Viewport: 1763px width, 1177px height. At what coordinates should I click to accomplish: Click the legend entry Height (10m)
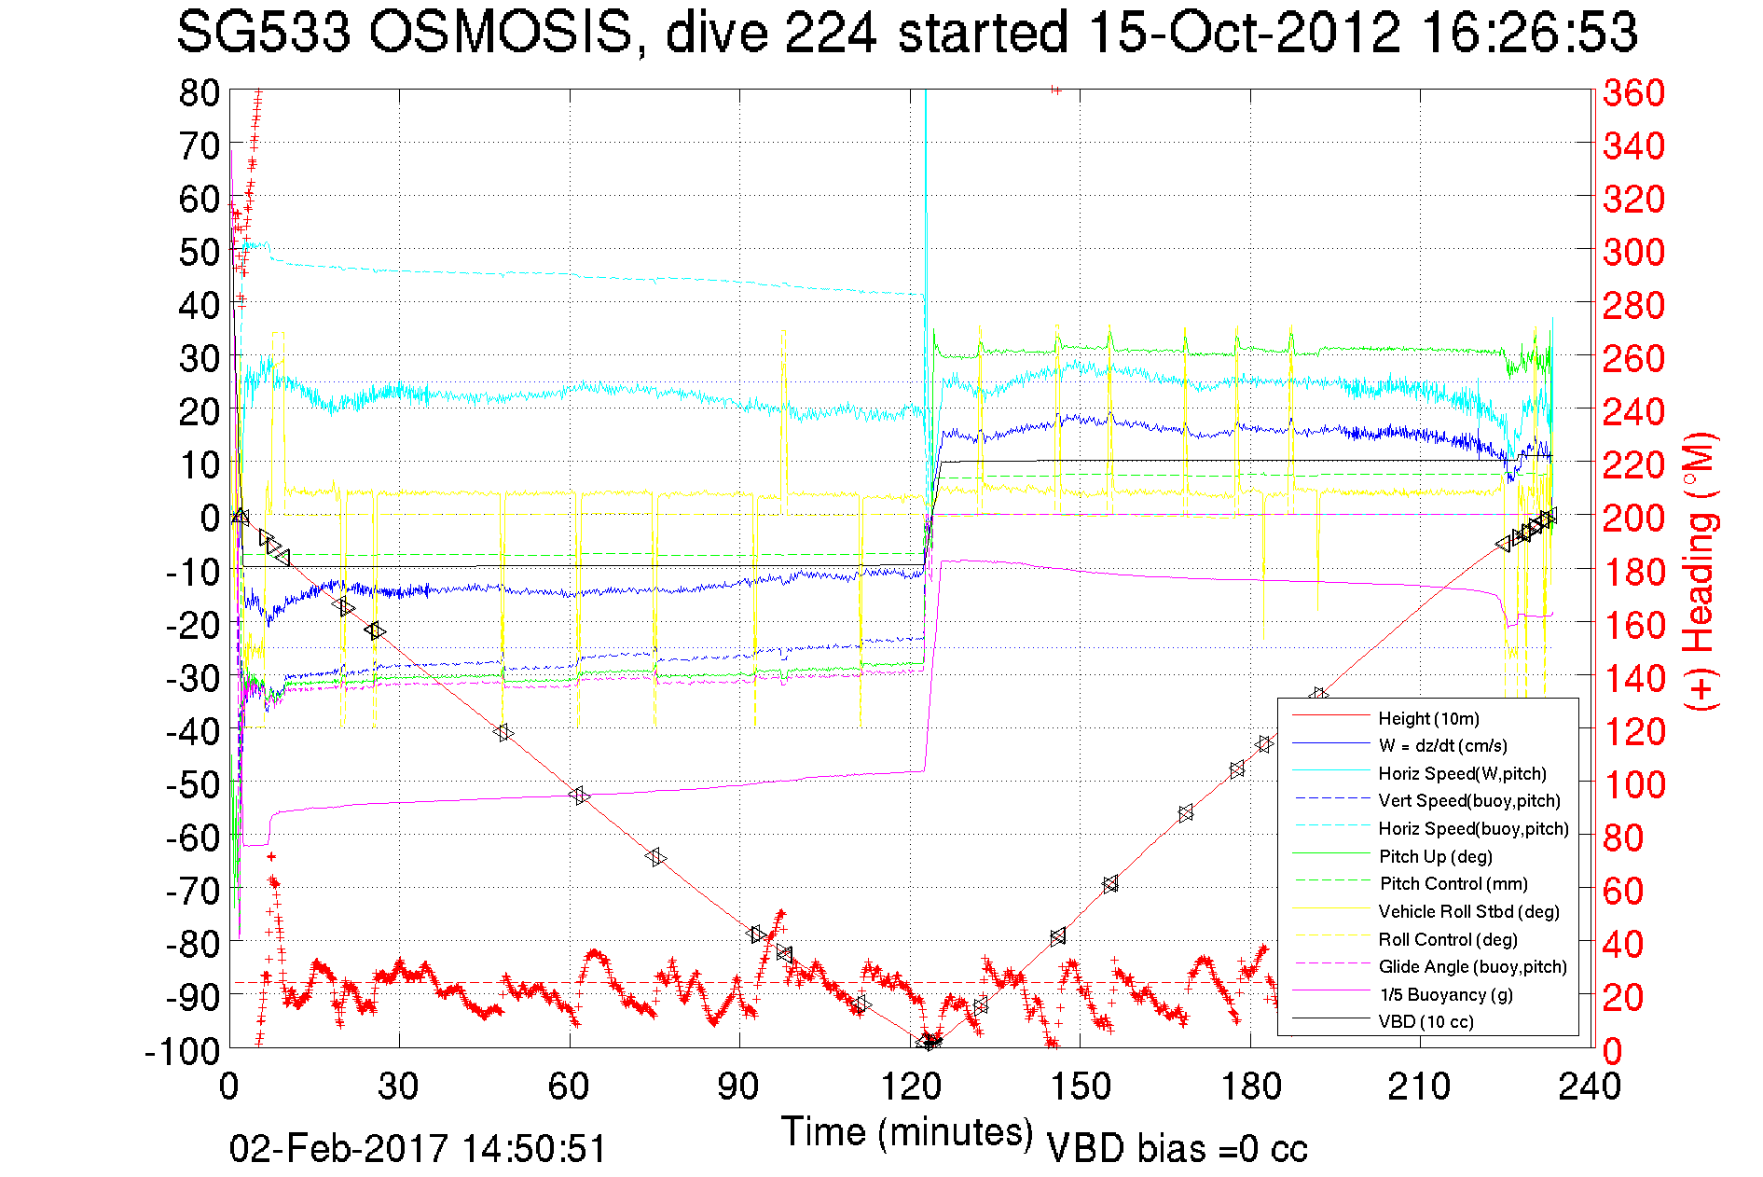[x=1428, y=718]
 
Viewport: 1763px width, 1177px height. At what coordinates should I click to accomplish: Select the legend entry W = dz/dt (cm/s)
[x=1442, y=745]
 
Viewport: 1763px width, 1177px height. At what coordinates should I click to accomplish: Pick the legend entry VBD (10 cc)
[x=1426, y=1021]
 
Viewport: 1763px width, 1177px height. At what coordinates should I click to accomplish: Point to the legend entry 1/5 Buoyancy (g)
[x=1446, y=994]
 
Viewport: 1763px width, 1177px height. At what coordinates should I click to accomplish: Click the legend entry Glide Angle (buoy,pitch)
[x=1472, y=966]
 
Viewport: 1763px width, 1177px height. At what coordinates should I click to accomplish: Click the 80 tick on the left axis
[x=199, y=92]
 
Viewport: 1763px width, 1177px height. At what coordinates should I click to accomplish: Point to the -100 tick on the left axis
[x=182, y=1051]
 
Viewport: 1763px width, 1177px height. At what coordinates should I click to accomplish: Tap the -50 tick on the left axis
[x=191, y=784]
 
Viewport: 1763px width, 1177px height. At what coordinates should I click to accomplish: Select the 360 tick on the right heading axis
[x=1633, y=92]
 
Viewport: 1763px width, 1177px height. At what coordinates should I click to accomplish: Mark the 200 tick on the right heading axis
[x=1633, y=518]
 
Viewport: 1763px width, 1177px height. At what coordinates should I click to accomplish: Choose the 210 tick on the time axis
[x=1420, y=1087]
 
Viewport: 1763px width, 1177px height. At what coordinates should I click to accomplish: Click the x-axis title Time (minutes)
[x=907, y=1132]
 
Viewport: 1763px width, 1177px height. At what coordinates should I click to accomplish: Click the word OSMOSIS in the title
[x=501, y=34]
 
